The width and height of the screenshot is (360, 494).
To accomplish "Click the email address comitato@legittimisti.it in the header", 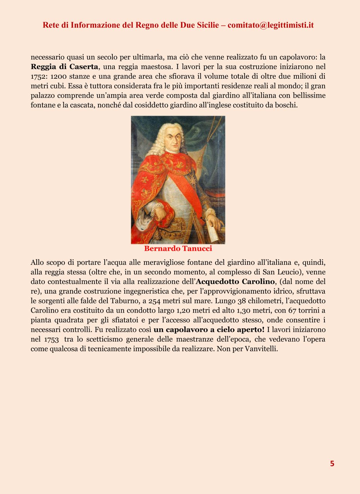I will (270, 25).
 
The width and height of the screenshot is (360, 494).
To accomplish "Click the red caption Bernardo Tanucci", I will (178, 249).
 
